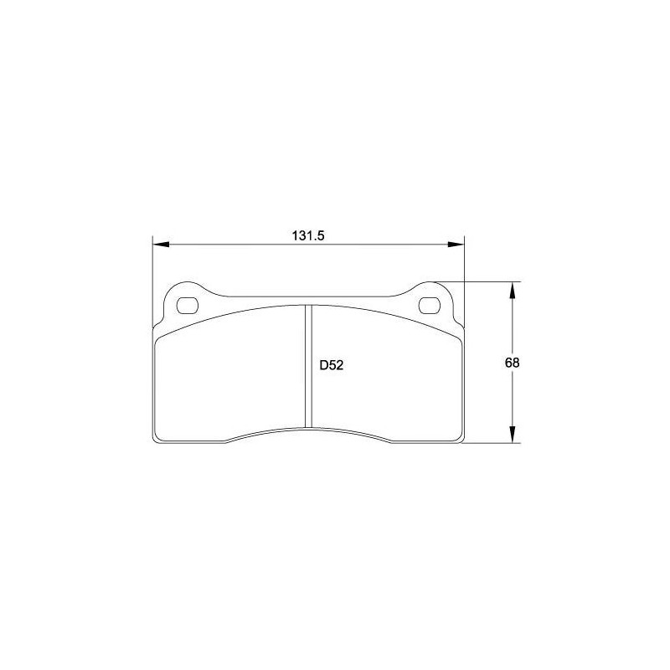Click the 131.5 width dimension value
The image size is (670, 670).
[308, 235]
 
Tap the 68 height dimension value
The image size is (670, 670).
[512, 363]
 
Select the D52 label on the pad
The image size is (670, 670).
[332, 365]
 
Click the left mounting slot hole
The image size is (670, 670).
[187, 305]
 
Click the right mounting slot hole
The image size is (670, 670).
[430, 305]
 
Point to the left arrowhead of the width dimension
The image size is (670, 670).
[161, 245]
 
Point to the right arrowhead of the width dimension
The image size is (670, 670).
[456, 245]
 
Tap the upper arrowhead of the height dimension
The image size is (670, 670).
[513, 291]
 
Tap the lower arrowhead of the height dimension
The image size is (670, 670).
[513, 435]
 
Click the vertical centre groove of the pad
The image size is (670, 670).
[308, 366]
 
